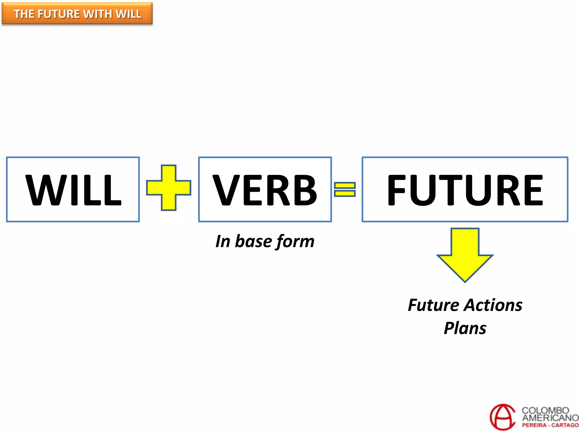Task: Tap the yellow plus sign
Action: point(168,188)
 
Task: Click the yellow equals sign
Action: point(345,189)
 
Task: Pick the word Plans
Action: point(465,328)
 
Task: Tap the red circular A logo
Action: point(503,417)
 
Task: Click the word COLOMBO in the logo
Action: point(545,410)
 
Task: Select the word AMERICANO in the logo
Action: point(550,418)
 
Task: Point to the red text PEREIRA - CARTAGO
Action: point(550,425)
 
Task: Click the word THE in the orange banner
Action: point(24,14)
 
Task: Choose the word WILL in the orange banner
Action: point(129,14)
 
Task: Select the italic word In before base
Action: point(223,241)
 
